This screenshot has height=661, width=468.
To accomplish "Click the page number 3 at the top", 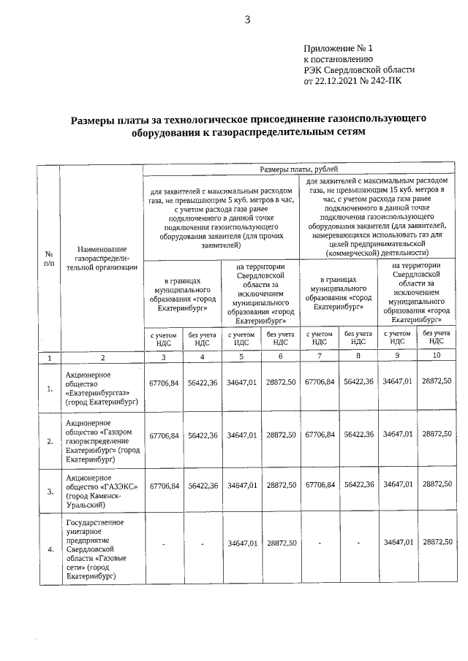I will (246, 20).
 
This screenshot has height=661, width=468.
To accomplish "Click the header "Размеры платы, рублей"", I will (299, 169).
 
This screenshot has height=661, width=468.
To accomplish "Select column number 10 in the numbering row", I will (437, 356).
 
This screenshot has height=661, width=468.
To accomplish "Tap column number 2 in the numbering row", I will (103, 357).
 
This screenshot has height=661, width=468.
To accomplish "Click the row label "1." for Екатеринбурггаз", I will (50, 389).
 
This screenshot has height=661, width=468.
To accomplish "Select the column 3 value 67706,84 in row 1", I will (164, 382).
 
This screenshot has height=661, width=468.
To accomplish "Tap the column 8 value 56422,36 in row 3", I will (358, 485).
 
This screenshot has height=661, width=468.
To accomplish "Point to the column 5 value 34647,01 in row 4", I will (241, 543).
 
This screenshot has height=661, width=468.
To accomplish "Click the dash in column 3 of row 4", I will (164, 543).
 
